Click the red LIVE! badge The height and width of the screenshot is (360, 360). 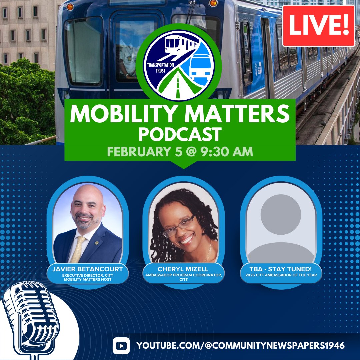click(318, 26)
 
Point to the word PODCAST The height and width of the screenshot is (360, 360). click(180, 134)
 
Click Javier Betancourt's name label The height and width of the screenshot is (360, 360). click(88, 268)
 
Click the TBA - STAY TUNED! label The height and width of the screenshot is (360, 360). click(281, 268)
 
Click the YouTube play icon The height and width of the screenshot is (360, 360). click(121, 345)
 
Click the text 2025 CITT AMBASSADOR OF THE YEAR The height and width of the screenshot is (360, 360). click(281, 275)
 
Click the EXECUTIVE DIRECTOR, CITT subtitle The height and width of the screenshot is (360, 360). click(88, 275)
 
